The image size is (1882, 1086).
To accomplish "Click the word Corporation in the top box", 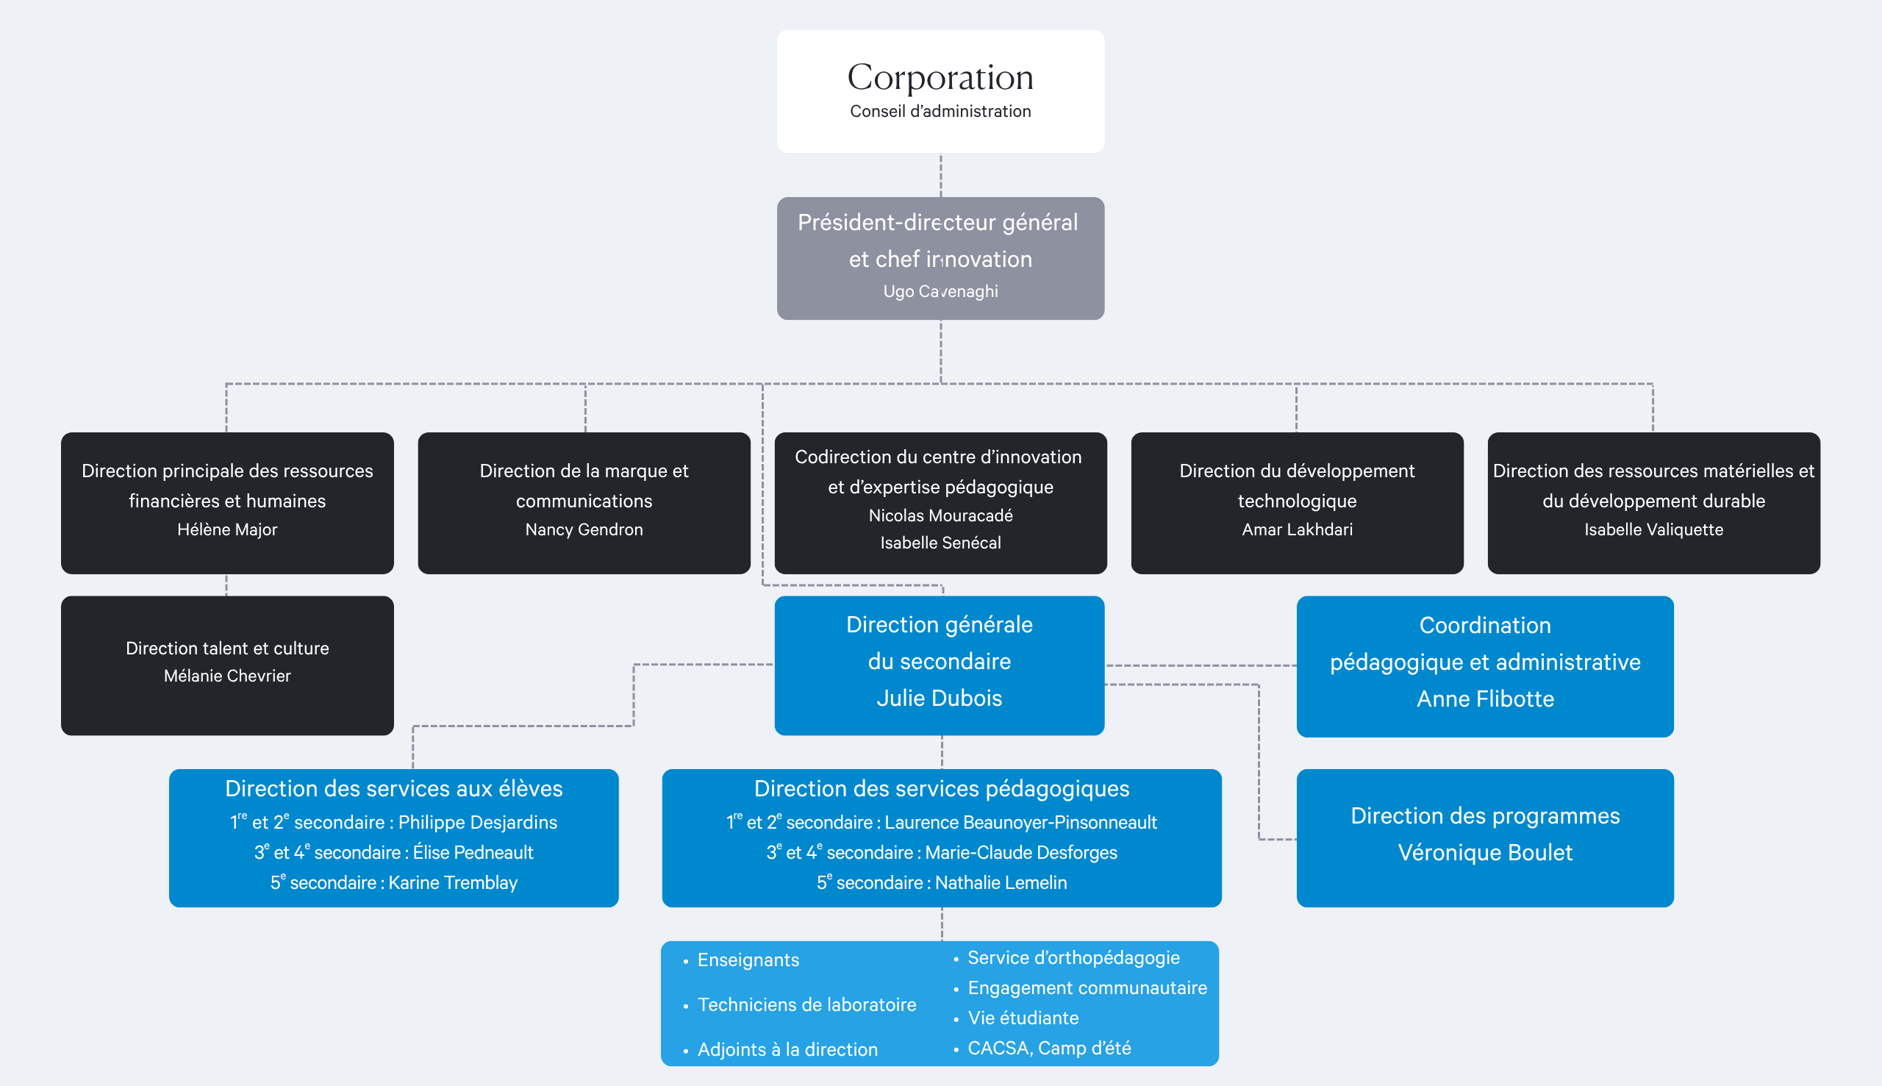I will coord(940,78).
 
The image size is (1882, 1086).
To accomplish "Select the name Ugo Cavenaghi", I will coord(940,292).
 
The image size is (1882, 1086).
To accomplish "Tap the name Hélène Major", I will coord(226,529).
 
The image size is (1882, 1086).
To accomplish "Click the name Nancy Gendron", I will coord(584,529).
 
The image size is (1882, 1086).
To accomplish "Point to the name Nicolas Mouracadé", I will coord(940,515).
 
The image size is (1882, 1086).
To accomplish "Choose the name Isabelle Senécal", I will coord(940,543).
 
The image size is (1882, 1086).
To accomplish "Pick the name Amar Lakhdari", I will coord(1297,529).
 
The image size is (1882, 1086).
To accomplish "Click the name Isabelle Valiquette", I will coord(1653,529).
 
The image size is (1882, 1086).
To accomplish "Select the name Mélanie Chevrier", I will coord(226,676).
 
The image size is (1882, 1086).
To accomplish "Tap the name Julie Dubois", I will coord(939,699).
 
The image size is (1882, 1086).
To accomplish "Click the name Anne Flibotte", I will coord(1484,699).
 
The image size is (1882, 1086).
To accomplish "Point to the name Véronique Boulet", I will coord(1484,852).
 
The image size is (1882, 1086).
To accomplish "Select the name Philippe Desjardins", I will coord(477,822).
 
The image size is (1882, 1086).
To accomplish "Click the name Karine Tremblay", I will coord(453,882).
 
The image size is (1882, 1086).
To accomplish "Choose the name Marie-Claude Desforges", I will coord(1021,852).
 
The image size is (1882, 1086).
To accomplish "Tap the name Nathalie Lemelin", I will coord(1001,882).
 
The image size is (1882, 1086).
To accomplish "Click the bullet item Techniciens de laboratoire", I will coord(806,1004).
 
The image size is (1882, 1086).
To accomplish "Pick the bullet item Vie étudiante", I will coord(1023,1018).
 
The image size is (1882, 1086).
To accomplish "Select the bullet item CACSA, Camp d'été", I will coord(1048,1048).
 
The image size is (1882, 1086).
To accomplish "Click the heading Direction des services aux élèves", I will coord(394,788).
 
